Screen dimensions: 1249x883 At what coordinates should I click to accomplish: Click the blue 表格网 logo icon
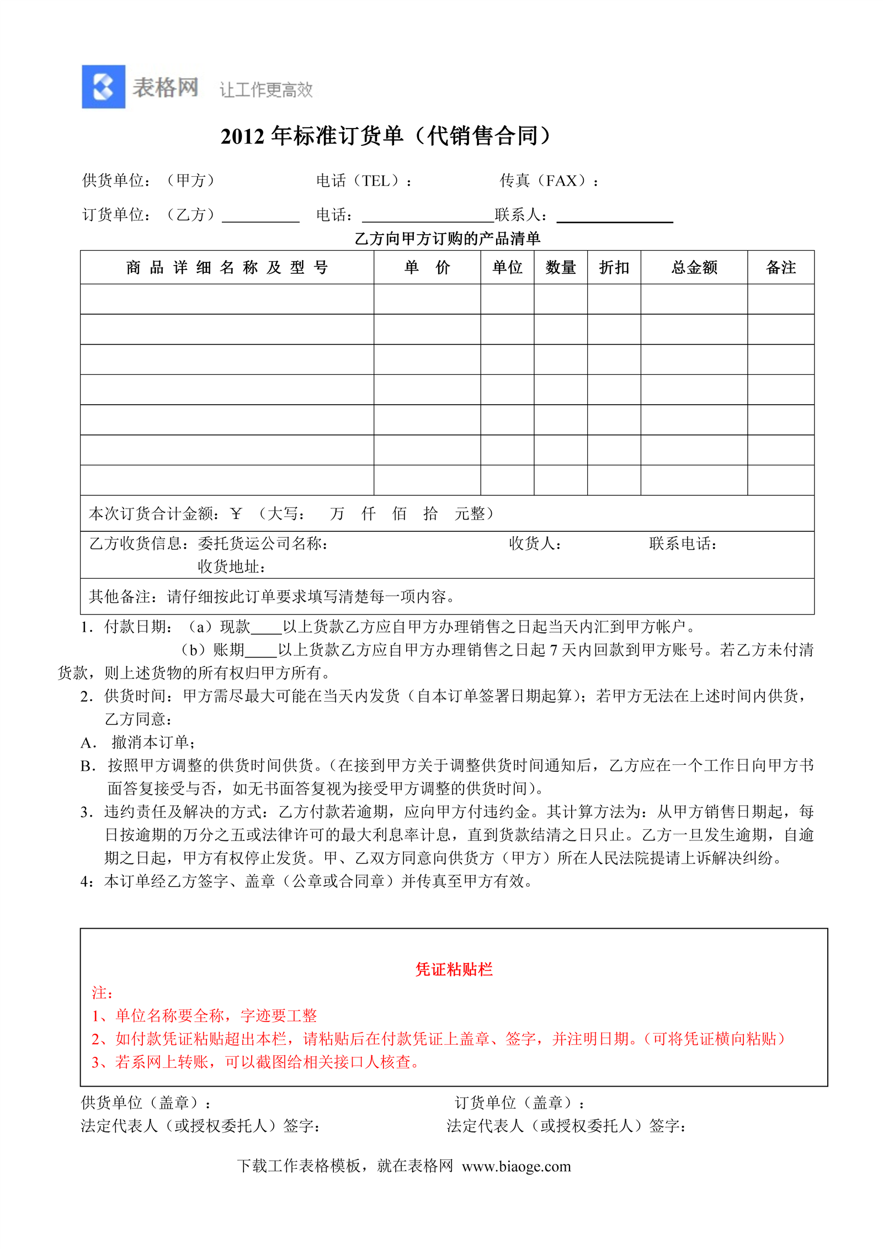coord(103,87)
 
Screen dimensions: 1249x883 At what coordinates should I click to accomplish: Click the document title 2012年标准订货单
coord(385,136)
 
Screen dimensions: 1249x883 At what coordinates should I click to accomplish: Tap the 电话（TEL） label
coord(363,181)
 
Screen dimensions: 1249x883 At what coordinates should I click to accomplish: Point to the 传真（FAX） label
coord(548,181)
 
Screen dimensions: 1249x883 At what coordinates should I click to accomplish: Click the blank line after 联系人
coord(614,216)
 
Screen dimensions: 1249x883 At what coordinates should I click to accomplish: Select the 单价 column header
coord(427,268)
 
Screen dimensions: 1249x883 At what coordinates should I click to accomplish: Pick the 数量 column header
coord(560,268)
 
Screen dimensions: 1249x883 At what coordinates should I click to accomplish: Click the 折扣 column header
coord(614,268)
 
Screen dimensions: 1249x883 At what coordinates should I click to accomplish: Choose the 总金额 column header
coord(694,268)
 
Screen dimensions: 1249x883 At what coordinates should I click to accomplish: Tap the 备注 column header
coord(780,268)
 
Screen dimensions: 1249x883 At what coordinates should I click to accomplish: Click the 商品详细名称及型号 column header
coord(227,268)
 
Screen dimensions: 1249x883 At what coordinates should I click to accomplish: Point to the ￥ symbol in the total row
coord(236,514)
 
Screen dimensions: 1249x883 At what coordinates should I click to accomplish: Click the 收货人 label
coord(534,544)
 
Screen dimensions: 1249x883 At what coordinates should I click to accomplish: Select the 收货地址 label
coord(231,567)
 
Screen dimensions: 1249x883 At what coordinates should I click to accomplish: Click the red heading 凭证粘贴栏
coord(454,970)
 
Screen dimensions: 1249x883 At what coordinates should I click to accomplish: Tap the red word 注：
coord(103,993)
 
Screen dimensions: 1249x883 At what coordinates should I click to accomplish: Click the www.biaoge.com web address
coord(516,1166)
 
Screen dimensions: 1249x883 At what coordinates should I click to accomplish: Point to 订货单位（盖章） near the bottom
coord(519,1103)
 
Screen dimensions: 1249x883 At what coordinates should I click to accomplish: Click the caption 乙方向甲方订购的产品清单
coord(447,239)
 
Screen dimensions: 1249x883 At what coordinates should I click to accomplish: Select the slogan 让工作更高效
coord(266,90)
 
